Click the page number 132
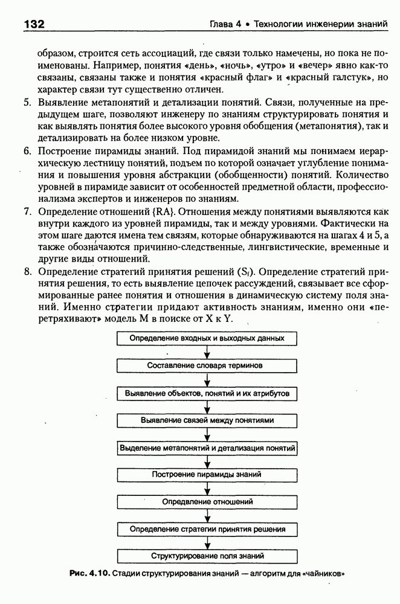point(34,25)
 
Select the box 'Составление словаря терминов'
point(207,365)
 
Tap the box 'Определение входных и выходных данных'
point(207,338)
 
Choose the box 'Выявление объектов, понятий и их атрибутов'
point(207,393)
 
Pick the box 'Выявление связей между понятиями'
point(207,420)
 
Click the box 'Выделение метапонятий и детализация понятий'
point(207,448)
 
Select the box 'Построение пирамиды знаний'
point(207,475)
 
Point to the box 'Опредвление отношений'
point(207,502)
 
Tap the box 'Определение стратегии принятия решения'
point(207,529)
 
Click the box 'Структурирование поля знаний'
point(207,556)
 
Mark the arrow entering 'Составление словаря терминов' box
point(207,354)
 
